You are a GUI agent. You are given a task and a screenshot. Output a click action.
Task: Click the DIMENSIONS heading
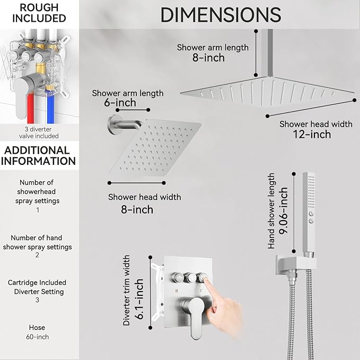tap(221, 15)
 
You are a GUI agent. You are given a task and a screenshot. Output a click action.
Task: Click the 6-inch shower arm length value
tap(113, 103)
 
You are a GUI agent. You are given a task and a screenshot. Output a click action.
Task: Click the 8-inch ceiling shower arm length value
tap(208, 57)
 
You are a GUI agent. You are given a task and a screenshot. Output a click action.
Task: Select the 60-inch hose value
tap(37, 337)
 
